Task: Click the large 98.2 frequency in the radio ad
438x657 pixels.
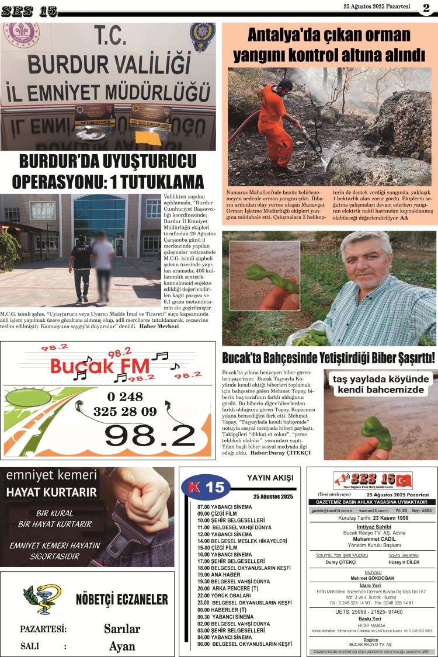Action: (150, 435)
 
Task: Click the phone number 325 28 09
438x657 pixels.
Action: (124, 411)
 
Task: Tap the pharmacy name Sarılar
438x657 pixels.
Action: (121, 628)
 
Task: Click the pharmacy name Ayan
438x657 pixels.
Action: (121, 646)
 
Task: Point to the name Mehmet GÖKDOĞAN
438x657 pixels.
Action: (372, 578)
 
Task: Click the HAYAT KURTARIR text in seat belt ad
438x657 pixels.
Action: (51, 492)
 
